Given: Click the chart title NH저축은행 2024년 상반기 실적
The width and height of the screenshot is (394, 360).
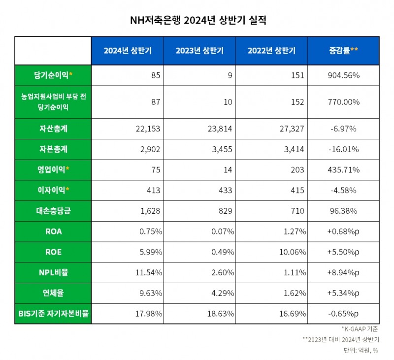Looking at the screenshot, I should pos(197,21).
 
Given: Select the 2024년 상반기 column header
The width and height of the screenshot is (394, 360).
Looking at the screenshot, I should pos(127,51).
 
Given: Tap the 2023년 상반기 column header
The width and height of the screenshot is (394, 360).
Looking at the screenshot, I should pos(199,51).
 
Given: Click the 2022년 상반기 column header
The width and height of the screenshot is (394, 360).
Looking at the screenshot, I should pos(271,51).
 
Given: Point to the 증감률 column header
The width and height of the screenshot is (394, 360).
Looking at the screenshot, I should pos(343,51).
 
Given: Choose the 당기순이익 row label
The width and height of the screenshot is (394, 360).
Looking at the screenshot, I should pos(53,75).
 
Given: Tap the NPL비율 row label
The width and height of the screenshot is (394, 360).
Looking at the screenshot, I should pos(53,272).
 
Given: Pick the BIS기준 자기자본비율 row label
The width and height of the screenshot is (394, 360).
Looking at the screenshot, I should pos(53,313).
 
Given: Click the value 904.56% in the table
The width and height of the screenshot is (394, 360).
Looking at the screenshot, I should pos(343,75).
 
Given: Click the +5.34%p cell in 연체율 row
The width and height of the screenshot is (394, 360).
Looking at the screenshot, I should pos(343,293).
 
